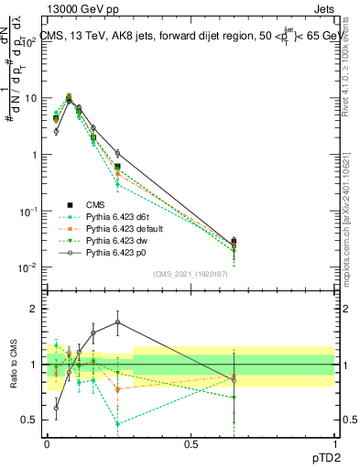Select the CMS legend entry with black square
(102, 204)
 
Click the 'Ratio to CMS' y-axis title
(11, 365)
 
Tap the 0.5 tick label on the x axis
(191, 444)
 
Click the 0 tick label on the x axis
(47, 444)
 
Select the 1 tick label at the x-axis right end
(334, 444)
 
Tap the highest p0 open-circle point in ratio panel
(117, 322)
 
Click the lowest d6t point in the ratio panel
(117, 424)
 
